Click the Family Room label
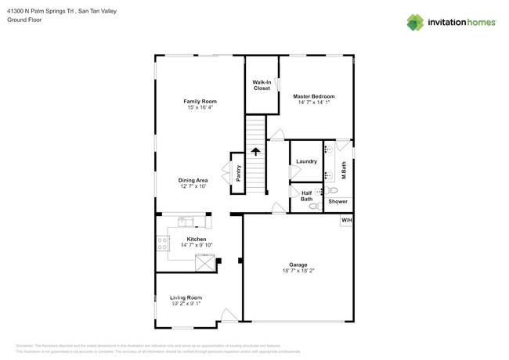click(x=200, y=101)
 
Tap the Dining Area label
click(x=193, y=180)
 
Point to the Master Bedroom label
click(x=314, y=96)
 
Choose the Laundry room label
click(x=306, y=161)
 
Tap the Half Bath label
click(x=306, y=196)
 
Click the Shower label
click(x=338, y=202)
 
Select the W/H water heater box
click(x=346, y=221)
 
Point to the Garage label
click(x=298, y=265)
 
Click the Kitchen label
click(x=197, y=239)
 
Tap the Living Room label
click(x=186, y=297)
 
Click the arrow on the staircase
click(x=255, y=151)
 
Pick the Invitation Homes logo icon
click(x=415, y=22)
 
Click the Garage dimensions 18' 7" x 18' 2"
click(x=298, y=272)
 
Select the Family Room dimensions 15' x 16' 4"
click(x=200, y=107)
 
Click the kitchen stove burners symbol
click(x=163, y=243)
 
